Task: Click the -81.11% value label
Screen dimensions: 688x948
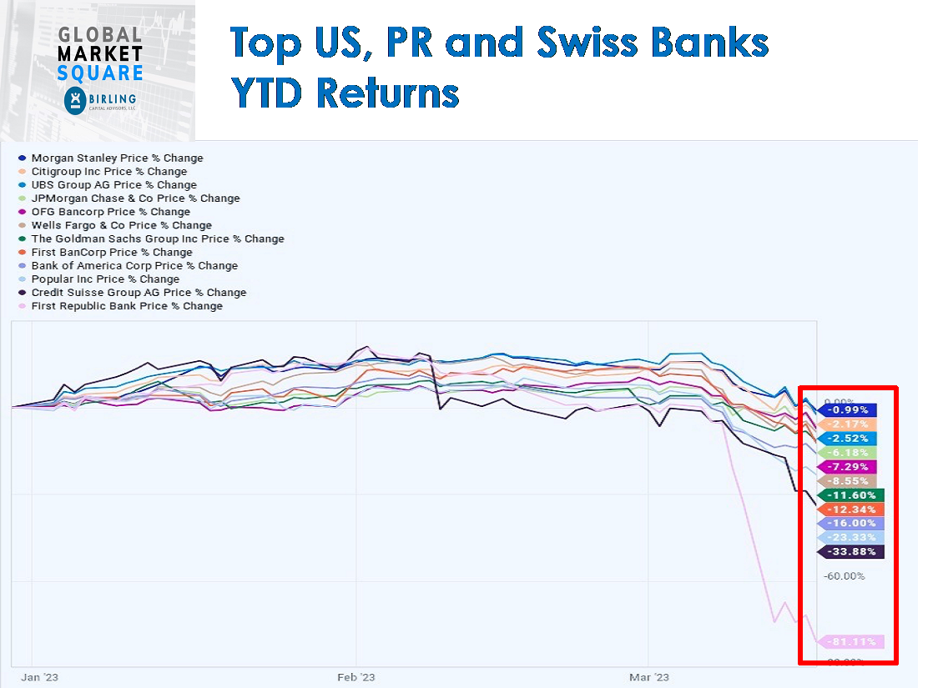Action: coord(851,642)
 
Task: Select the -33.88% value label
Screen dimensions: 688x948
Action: coord(851,552)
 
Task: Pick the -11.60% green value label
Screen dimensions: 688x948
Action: coord(851,495)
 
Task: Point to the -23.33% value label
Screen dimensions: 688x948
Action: coord(851,538)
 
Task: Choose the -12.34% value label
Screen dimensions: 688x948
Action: coord(851,510)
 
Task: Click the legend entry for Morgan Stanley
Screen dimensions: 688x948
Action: coord(117,158)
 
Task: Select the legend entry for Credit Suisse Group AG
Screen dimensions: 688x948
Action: coord(139,293)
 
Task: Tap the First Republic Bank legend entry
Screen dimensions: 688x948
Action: coord(127,306)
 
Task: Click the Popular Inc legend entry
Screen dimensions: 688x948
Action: coord(105,279)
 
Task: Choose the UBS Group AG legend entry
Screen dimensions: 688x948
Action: coord(113,185)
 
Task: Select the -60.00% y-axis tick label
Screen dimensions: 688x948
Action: coord(844,576)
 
